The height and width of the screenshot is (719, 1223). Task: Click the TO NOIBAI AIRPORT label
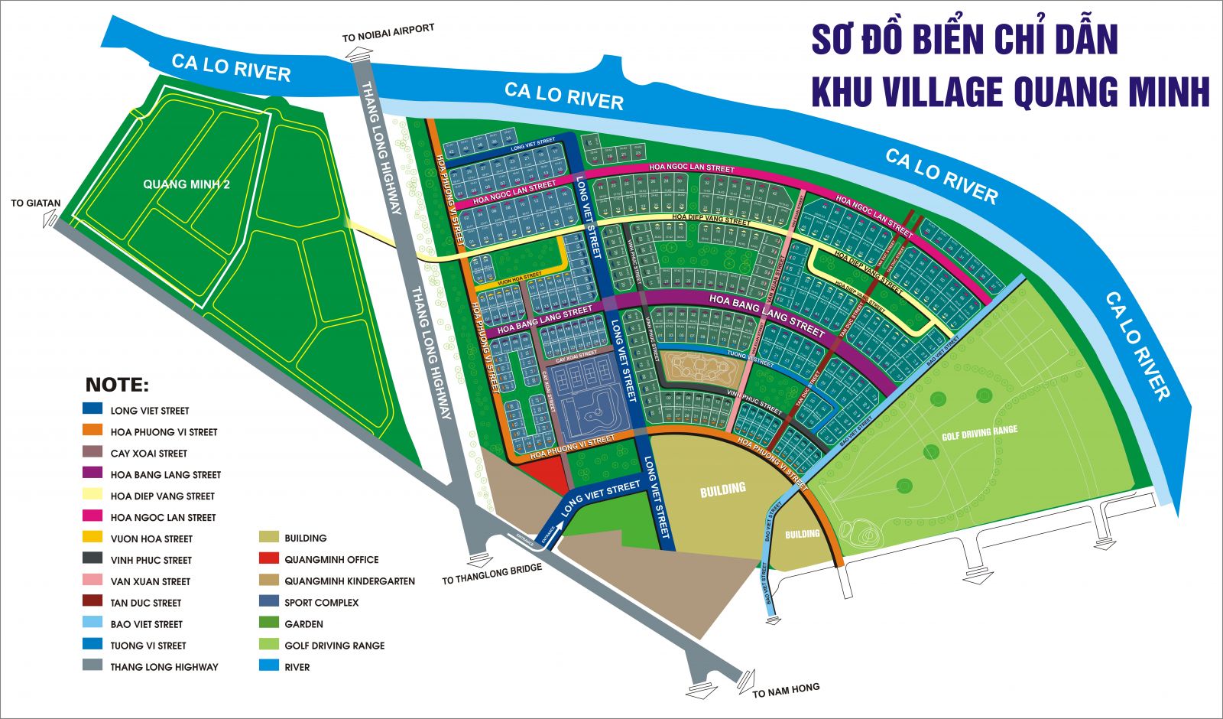coord(388,33)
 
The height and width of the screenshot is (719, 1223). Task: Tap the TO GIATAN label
coord(35,203)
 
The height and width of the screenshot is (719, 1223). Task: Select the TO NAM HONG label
coord(786,690)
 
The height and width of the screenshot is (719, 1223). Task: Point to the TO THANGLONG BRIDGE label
coord(491,574)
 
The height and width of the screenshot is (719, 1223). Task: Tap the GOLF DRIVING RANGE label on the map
coord(979,433)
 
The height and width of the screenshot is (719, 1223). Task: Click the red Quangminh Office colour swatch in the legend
coord(269,559)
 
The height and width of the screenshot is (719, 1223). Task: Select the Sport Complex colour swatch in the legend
coord(269,602)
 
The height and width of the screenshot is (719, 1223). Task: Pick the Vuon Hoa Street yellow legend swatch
coord(92,538)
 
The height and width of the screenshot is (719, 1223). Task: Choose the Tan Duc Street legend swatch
coord(92,602)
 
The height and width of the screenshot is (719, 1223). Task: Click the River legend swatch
coord(269,666)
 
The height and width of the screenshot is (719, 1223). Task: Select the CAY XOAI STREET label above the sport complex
coord(576,356)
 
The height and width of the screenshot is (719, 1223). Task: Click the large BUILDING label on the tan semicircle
coord(722,490)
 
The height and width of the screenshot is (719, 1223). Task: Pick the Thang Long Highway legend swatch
coord(92,665)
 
